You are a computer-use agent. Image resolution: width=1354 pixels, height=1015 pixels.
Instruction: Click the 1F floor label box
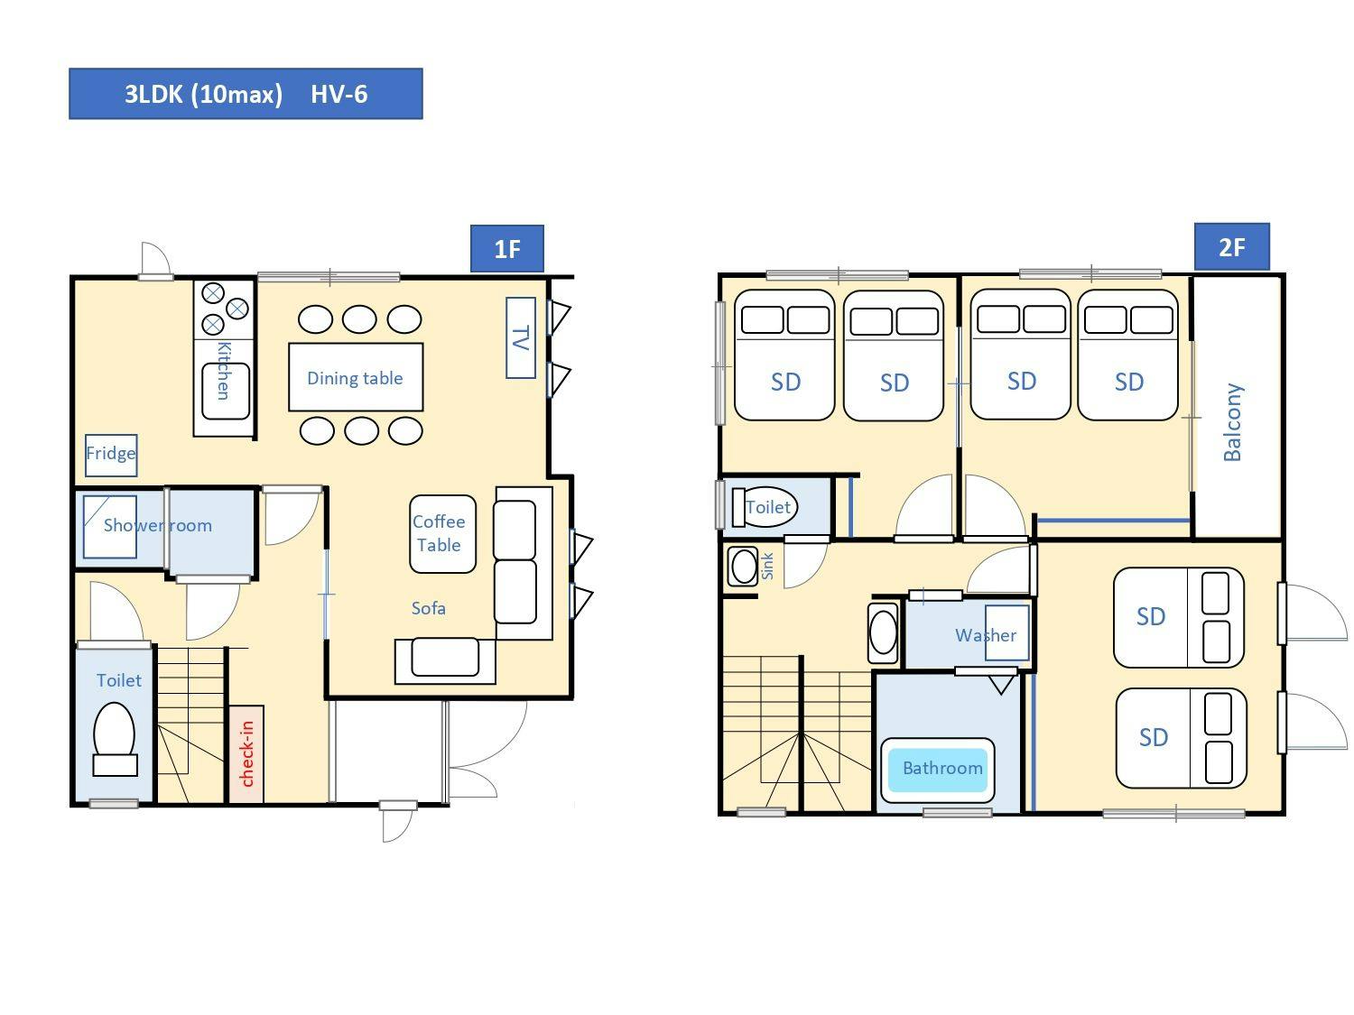tap(507, 248)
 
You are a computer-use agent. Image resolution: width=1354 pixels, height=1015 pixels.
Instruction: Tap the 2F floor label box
tap(1232, 246)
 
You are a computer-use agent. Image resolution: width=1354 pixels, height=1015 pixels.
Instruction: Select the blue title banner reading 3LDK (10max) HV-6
tap(246, 94)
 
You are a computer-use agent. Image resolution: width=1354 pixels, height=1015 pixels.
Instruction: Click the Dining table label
tap(355, 378)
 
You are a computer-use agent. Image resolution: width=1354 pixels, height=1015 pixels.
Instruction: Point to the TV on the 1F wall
tap(521, 337)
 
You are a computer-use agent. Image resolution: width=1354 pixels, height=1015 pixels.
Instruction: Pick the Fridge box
tap(111, 456)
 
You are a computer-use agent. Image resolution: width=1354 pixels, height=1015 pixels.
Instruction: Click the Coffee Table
tap(442, 534)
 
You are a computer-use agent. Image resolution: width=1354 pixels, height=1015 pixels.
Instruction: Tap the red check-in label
tap(246, 754)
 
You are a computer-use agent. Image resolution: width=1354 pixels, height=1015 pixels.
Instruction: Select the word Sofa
tap(428, 608)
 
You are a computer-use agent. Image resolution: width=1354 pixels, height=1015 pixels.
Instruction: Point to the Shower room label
tap(158, 525)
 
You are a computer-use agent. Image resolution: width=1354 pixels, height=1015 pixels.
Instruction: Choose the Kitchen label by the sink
tap(223, 371)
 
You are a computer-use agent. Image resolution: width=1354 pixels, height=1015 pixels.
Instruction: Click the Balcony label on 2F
tap(1232, 422)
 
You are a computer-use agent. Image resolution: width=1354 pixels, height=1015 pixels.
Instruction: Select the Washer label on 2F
tap(986, 635)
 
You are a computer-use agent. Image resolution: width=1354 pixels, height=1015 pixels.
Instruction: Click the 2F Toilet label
tap(768, 506)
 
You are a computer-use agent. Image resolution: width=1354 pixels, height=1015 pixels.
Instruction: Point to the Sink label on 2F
tap(767, 566)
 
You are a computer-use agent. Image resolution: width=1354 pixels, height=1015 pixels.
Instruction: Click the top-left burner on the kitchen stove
tap(213, 292)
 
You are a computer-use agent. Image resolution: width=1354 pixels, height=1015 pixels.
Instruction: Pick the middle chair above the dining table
tap(359, 319)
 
